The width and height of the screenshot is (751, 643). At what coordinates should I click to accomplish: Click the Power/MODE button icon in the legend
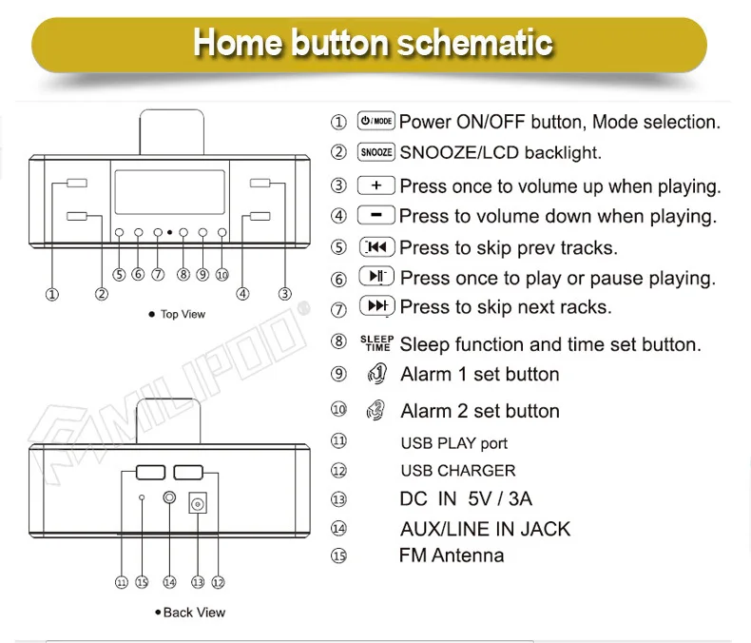[375, 122]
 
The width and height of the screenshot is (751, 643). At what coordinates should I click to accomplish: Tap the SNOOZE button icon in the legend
[376, 152]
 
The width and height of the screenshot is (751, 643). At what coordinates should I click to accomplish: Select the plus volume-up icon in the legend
[376, 185]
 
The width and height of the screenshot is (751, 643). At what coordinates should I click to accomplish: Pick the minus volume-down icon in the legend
[376, 216]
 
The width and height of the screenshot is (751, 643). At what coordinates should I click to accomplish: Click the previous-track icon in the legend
[376, 247]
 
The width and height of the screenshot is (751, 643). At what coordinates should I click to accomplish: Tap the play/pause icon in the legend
[376, 277]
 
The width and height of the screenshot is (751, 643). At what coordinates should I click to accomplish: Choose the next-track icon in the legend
[376, 306]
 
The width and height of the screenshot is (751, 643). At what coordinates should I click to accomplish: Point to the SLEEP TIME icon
[376, 343]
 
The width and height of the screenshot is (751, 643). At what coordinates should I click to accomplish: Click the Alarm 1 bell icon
[376, 374]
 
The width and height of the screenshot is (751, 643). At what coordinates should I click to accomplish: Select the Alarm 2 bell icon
[376, 411]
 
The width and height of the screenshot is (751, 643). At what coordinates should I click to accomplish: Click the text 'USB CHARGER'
[458, 471]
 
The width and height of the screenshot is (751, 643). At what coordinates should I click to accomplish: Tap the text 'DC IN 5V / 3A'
[466, 499]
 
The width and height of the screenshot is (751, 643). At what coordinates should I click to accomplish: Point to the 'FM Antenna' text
[452, 555]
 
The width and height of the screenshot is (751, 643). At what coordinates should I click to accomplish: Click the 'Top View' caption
[183, 314]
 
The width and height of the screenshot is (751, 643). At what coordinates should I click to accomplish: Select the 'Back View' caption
[194, 613]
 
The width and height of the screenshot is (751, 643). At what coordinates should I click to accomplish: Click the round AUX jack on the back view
[170, 498]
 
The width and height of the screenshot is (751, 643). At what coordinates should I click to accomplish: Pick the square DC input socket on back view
[199, 501]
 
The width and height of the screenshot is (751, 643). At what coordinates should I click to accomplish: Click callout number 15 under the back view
[142, 582]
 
